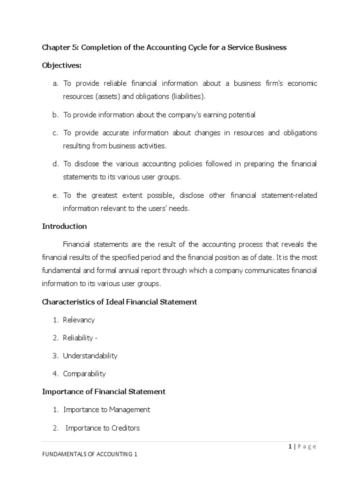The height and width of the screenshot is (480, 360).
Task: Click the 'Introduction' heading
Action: click(64, 226)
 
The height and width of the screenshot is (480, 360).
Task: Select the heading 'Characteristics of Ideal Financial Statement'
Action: click(120, 302)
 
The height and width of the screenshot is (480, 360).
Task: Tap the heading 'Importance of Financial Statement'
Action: click(104, 391)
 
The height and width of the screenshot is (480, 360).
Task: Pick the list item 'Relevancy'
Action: click(79, 320)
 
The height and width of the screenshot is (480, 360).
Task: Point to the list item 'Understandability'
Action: click(90, 356)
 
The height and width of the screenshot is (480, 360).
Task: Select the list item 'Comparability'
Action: click(84, 374)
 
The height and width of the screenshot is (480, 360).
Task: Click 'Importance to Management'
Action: click(106, 409)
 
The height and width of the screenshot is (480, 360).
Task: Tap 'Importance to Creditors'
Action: click(103, 427)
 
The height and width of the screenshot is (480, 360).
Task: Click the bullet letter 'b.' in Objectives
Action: click(55, 115)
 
